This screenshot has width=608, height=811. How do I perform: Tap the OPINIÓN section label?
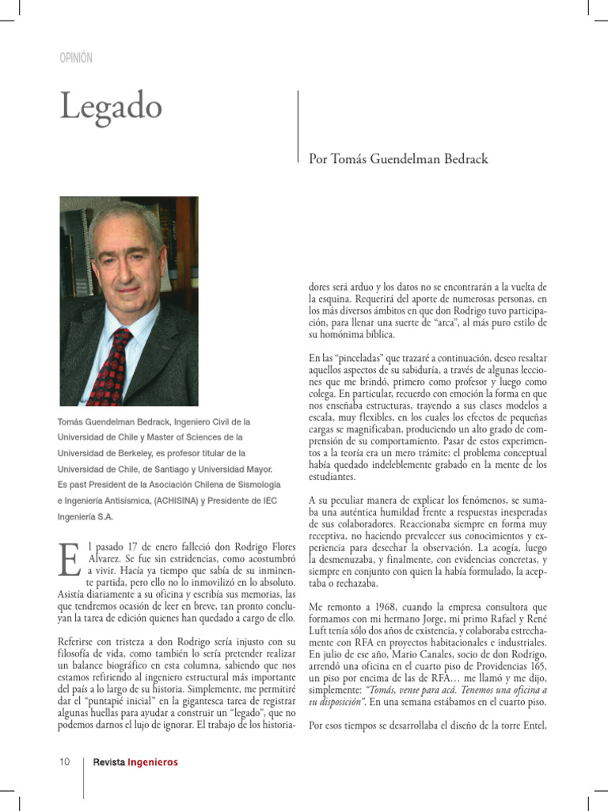pos(76,58)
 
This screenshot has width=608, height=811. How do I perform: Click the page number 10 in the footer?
pos(65,762)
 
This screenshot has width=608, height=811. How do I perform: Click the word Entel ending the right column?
pos(530,725)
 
